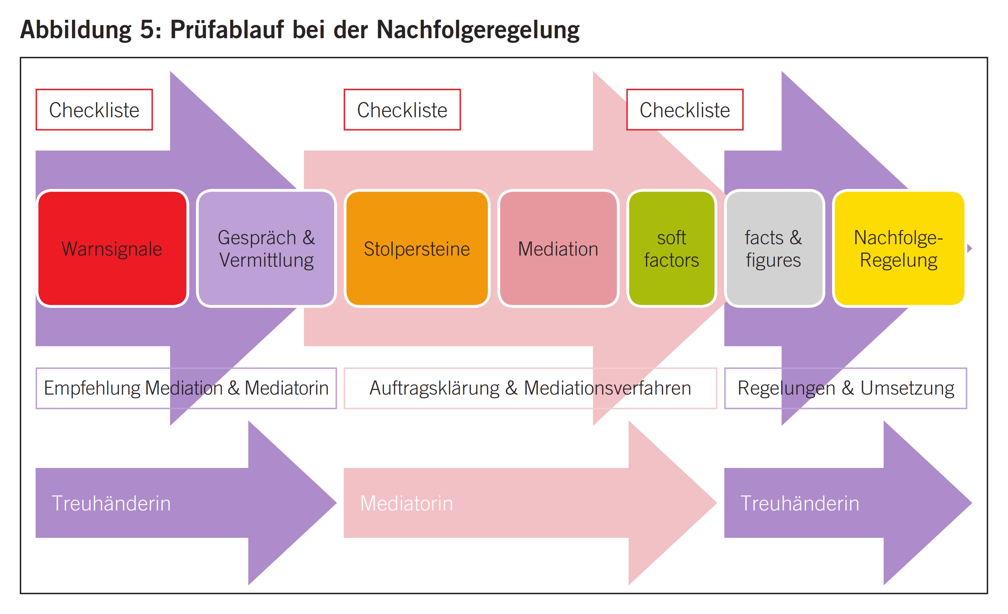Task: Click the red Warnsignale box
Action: point(112,248)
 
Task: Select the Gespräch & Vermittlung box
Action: point(266,248)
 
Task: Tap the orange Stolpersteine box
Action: point(417,248)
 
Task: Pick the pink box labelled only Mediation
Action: point(558,248)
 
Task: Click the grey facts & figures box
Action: point(773,248)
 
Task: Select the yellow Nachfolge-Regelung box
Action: point(898,248)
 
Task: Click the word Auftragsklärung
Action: point(434,388)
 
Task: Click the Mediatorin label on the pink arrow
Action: point(406,503)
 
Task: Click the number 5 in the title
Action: point(146,29)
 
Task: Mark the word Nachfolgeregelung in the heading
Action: point(478,29)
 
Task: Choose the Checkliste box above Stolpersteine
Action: point(402,110)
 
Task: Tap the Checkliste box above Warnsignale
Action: point(94,110)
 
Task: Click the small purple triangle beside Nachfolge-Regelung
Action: point(969,248)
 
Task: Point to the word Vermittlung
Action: point(266,260)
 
